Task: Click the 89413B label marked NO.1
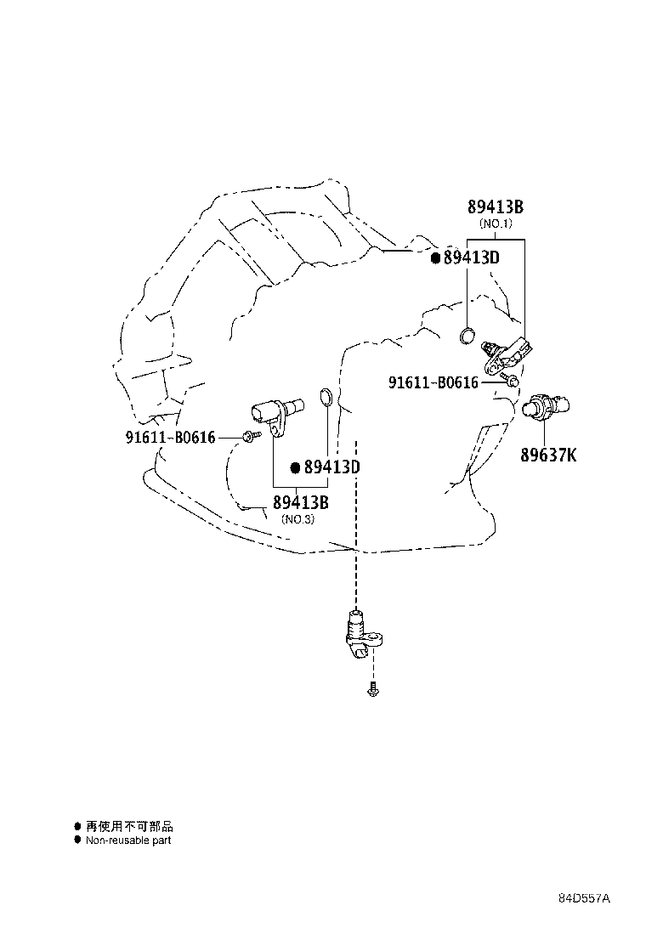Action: click(495, 207)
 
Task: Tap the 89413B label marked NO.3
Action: click(301, 502)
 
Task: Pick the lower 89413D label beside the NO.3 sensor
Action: click(332, 467)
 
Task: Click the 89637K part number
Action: click(548, 456)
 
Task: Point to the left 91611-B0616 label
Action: click(170, 438)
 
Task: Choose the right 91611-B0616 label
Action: click(433, 383)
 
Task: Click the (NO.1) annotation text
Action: click(495, 224)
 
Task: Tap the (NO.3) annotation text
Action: click(298, 519)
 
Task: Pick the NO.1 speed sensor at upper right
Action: click(510, 353)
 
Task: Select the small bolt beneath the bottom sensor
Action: click(372, 692)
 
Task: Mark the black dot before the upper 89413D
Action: click(434, 257)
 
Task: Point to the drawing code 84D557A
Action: click(585, 898)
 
